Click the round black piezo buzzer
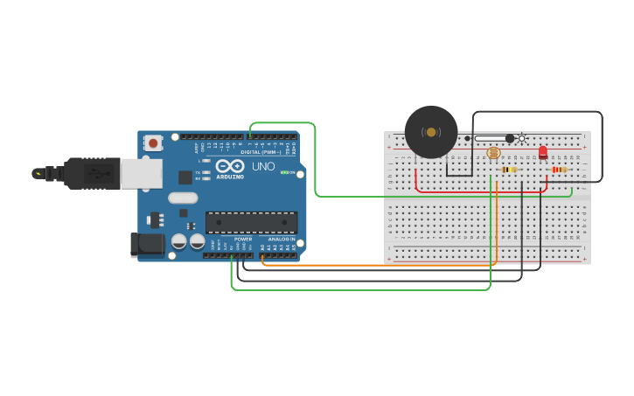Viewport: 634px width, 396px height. (x=431, y=132)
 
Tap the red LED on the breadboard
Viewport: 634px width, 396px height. (x=543, y=153)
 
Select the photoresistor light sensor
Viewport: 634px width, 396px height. (x=493, y=153)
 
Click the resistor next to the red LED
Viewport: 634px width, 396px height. (x=559, y=170)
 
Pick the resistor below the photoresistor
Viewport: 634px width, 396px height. (x=509, y=170)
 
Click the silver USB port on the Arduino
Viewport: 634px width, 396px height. (x=141, y=174)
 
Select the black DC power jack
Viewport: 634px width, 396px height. (x=147, y=245)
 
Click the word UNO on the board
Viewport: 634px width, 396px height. (x=263, y=166)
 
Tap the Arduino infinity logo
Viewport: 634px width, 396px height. (x=230, y=165)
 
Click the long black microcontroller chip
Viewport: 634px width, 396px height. (x=251, y=222)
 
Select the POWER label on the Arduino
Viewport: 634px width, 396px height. (x=243, y=239)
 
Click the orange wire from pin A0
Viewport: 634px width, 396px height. (x=376, y=265)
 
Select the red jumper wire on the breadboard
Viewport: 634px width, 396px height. (x=481, y=192)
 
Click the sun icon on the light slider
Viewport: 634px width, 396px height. (x=522, y=138)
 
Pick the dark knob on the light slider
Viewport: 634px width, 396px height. (x=510, y=138)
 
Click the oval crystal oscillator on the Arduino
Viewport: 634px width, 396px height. (x=183, y=198)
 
